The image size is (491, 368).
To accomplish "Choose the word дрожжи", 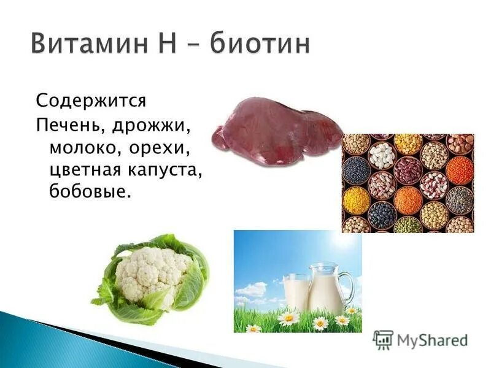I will [x=153, y=125].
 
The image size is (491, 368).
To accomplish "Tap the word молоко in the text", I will [x=84, y=147].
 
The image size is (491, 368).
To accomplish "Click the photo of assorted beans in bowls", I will [x=408, y=183].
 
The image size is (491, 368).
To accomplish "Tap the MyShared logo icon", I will [x=383, y=339].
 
